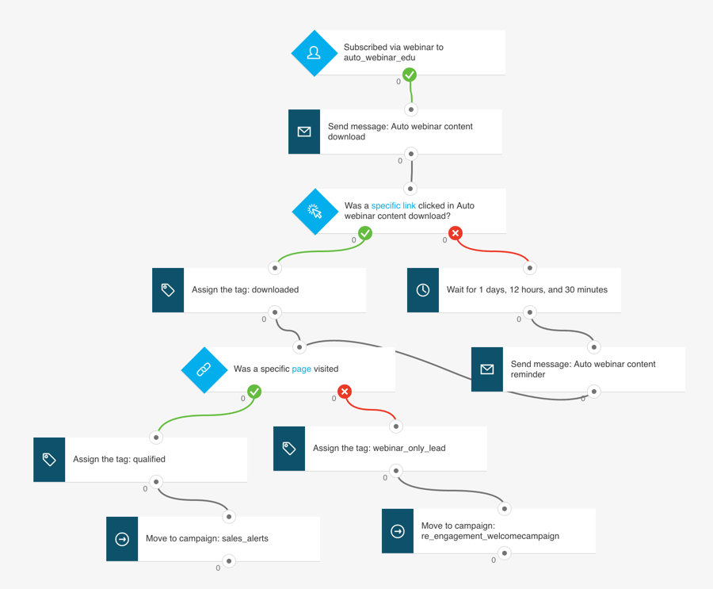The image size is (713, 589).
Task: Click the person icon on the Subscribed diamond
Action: pos(314,53)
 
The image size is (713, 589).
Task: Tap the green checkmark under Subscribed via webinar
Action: pos(410,75)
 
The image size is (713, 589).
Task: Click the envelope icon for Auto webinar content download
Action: pos(304,132)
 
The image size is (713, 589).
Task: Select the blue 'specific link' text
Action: pos(393,205)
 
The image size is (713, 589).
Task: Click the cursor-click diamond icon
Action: pos(315,212)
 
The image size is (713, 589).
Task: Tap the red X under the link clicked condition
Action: pos(456,233)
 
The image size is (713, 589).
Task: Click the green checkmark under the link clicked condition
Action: pos(365,233)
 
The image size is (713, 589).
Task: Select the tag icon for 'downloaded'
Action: pos(168,290)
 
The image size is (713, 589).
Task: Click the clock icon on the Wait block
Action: pos(423,290)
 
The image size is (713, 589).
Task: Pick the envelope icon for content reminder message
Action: pos(487,369)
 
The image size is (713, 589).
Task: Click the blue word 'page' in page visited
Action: pos(301,369)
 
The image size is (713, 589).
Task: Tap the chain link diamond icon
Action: pos(204,369)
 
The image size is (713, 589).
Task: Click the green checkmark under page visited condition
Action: pos(254,392)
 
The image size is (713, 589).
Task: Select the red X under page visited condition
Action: pos(345,392)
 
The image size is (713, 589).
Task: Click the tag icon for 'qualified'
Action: pos(49,460)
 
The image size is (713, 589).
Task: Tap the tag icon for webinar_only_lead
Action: pos(289,449)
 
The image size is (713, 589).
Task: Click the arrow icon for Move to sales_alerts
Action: pos(122,539)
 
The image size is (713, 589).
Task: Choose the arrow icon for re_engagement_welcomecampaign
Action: pos(398,531)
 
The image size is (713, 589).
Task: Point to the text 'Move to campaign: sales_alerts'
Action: pos(207,539)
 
